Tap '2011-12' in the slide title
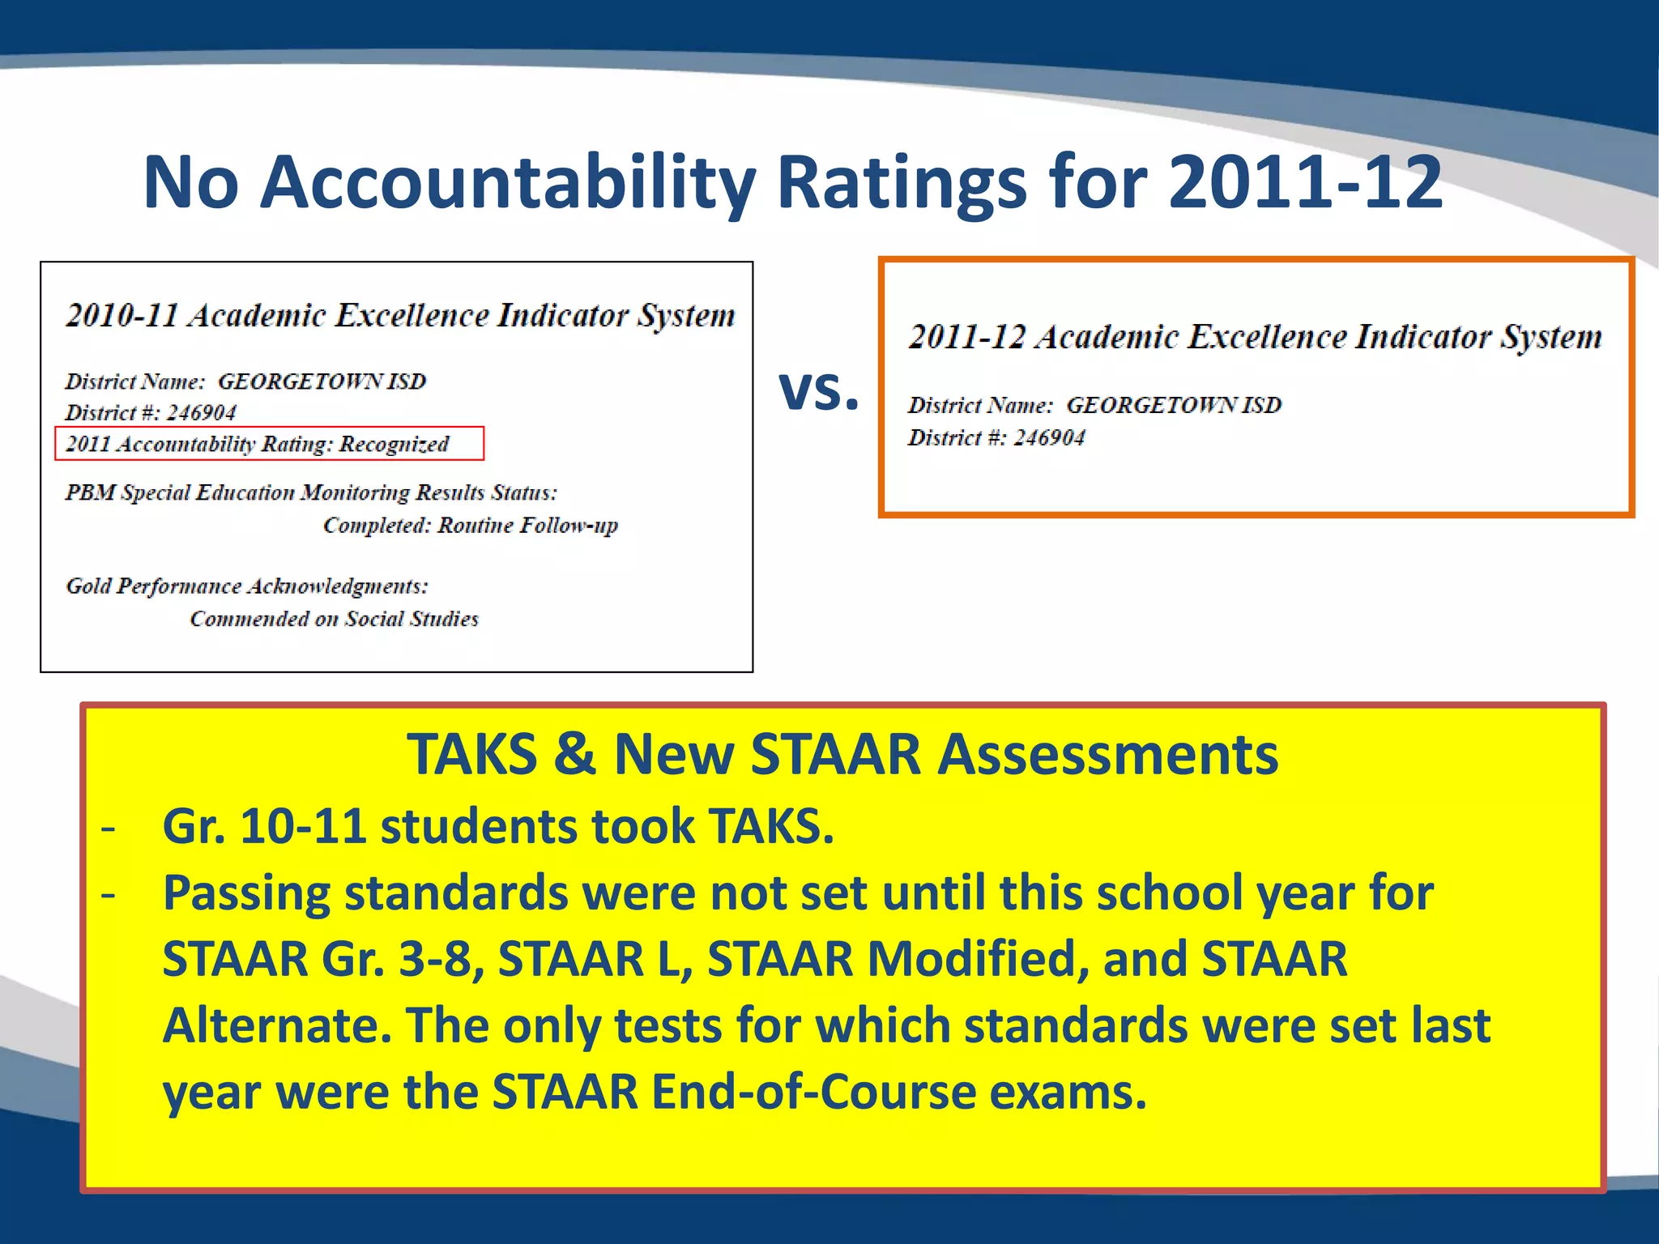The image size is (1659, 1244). click(1305, 182)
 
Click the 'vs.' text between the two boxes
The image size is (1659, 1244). click(818, 390)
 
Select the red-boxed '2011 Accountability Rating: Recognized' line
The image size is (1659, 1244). click(269, 444)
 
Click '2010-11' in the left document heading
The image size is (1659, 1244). click(122, 315)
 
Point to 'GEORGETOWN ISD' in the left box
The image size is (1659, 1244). click(322, 381)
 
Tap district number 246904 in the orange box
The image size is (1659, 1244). click(1049, 438)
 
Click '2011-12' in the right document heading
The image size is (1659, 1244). click(966, 337)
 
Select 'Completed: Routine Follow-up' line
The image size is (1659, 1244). click(470, 526)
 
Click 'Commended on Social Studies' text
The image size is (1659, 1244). click(334, 619)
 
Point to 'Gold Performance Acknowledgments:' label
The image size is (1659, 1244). click(247, 586)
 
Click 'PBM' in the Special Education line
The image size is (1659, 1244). click(90, 492)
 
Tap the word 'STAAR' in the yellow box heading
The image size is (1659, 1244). click(835, 755)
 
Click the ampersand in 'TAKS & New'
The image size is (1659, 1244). click(574, 755)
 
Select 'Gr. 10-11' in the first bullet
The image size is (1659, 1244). click(263, 827)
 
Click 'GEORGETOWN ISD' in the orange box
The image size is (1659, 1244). click(1173, 405)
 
